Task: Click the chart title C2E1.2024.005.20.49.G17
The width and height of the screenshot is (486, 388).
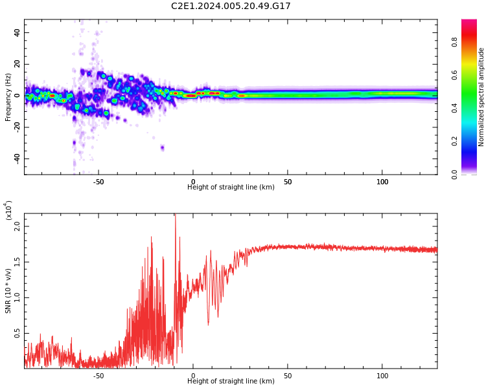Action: [x=231, y=6]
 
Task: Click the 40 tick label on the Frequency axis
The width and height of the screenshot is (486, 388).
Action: [x=17, y=32]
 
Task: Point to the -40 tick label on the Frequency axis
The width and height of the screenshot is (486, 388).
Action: [x=16, y=158]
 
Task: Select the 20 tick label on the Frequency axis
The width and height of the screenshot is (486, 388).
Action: [x=17, y=64]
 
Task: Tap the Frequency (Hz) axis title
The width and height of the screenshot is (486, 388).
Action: [x=8, y=97]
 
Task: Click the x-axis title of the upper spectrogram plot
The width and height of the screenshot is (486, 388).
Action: [x=231, y=188]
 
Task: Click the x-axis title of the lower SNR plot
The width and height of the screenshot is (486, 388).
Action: [x=231, y=382]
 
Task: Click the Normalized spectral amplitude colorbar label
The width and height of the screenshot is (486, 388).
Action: [x=481, y=97]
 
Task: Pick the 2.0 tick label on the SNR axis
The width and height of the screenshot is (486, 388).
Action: [x=17, y=226]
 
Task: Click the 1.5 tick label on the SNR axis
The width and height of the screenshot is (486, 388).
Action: [x=17, y=262]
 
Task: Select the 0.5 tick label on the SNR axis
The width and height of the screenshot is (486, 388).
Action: [x=17, y=333]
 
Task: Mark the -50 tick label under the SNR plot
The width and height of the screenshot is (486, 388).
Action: [x=98, y=376]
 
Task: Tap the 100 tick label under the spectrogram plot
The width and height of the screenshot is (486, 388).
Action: [x=382, y=182]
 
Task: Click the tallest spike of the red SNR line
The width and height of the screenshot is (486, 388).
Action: [x=175, y=216]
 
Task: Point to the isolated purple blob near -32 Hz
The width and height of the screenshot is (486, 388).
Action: [x=162, y=148]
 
